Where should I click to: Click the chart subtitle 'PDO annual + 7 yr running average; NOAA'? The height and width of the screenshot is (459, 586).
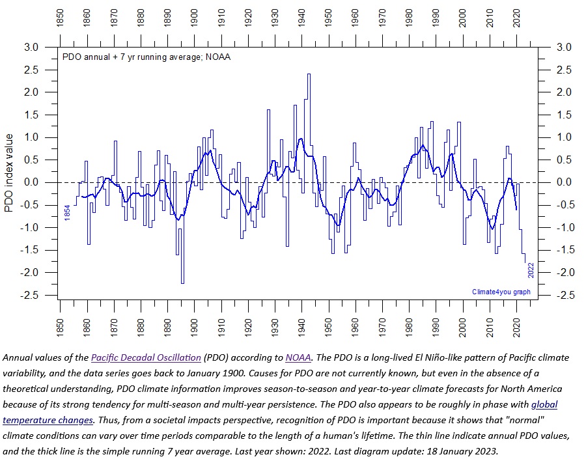pos(146,57)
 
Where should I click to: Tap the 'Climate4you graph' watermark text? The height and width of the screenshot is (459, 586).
pos(501,292)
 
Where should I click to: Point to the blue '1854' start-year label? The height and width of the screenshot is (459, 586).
pos(68,213)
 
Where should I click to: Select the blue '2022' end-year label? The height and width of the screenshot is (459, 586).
pos(531,270)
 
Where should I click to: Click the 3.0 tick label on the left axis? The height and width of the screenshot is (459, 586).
pos(30,47)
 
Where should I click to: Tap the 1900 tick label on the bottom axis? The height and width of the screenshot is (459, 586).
pos(194,324)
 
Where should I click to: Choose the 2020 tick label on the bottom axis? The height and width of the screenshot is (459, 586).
pos(517,324)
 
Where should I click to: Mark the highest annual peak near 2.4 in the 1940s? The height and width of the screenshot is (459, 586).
pos(309,74)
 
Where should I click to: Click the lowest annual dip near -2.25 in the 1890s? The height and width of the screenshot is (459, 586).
pos(182,283)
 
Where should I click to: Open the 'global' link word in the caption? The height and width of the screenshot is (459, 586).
pos(544,405)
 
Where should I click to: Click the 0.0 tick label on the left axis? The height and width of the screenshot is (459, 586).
pos(30,182)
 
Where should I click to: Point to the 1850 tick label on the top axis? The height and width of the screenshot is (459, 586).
pos(60,20)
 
